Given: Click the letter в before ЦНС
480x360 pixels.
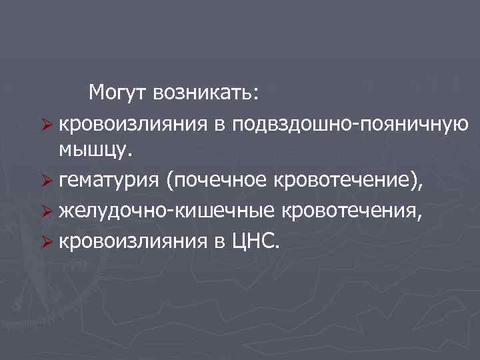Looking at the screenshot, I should (222, 240).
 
